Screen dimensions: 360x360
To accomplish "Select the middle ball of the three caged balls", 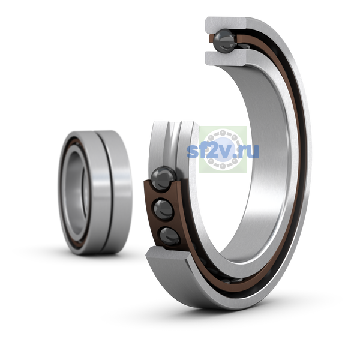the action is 163,210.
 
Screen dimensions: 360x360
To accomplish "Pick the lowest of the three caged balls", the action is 169,236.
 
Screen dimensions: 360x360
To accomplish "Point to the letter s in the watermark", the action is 192,152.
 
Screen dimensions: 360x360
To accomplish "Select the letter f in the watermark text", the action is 203,151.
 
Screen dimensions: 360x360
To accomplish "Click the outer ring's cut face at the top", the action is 226,24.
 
